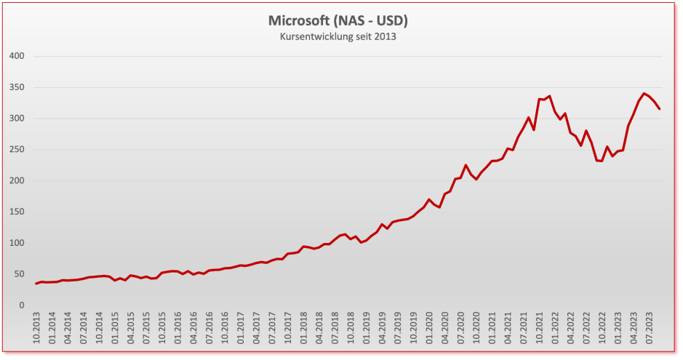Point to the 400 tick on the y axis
[17, 56]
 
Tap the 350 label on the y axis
[17, 87]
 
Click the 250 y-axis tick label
[17, 150]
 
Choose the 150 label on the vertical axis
[17, 212]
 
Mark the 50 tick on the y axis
[19, 274]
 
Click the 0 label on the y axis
[22, 305]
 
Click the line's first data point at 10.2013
[36, 284]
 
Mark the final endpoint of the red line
[660, 109]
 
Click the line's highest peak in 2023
[644, 93]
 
